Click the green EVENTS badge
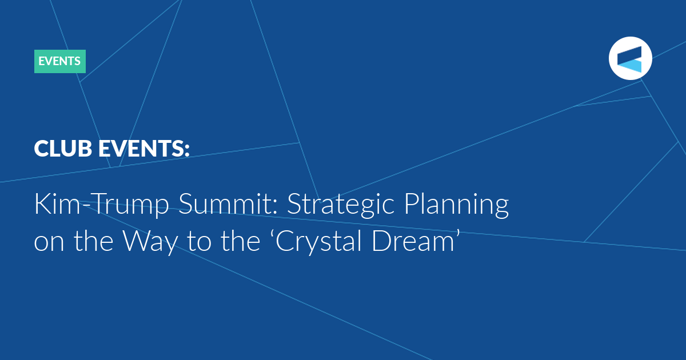59,61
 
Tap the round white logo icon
630,58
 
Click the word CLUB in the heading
63,149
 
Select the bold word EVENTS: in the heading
144,149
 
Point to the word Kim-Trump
101,205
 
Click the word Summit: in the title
228,203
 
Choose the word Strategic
341,205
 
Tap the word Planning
456,205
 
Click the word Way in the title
150,242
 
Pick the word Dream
413,241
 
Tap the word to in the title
199,242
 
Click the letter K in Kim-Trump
42,203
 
